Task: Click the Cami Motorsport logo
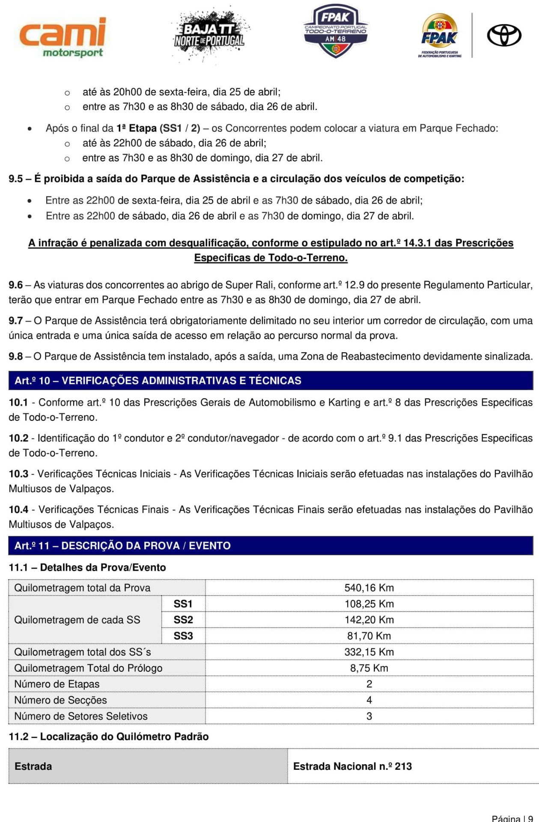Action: point(63,38)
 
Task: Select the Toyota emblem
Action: point(504,35)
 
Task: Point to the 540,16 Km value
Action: point(369,588)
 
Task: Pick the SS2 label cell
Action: point(183,619)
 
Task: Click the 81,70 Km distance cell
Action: point(369,636)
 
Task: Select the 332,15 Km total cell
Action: point(369,652)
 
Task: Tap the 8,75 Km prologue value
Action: point(369,668)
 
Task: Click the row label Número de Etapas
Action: point(57,684)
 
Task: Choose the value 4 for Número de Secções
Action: point(369,700)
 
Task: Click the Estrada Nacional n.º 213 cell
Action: point(352,766)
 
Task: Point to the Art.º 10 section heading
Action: point(158,381)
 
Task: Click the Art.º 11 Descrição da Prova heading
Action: point(122,545)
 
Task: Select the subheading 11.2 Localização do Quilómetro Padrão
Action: point(109,736)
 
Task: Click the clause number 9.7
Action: point(16,321)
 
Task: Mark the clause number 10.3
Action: point(18,474)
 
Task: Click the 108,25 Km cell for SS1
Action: point(369,604)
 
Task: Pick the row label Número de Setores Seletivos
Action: point(81,716)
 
